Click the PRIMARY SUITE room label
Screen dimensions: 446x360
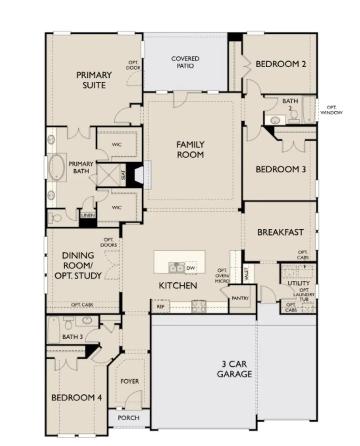coord(94,80)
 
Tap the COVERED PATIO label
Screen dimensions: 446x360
coord(185,62)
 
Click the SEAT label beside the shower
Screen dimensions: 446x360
coord(123,175)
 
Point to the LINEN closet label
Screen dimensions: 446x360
coord(88,216)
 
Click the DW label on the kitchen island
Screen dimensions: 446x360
coord(190,268)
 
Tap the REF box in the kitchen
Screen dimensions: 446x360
coord(160,307)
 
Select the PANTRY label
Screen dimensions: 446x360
coord(240,298)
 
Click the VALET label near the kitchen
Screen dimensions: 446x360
coord(246,274)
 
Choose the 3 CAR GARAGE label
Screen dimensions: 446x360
coord(234,369)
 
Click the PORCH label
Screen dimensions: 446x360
coord(129,418)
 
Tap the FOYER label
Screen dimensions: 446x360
coord(130,381)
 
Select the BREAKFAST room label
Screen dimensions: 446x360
coord(280,232)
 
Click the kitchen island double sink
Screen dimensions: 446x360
coord(176,268)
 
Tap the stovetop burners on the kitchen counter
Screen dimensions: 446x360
coord(199,306)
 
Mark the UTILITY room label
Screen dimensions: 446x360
coord(298,283)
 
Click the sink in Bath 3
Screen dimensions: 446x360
coord(87,321)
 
